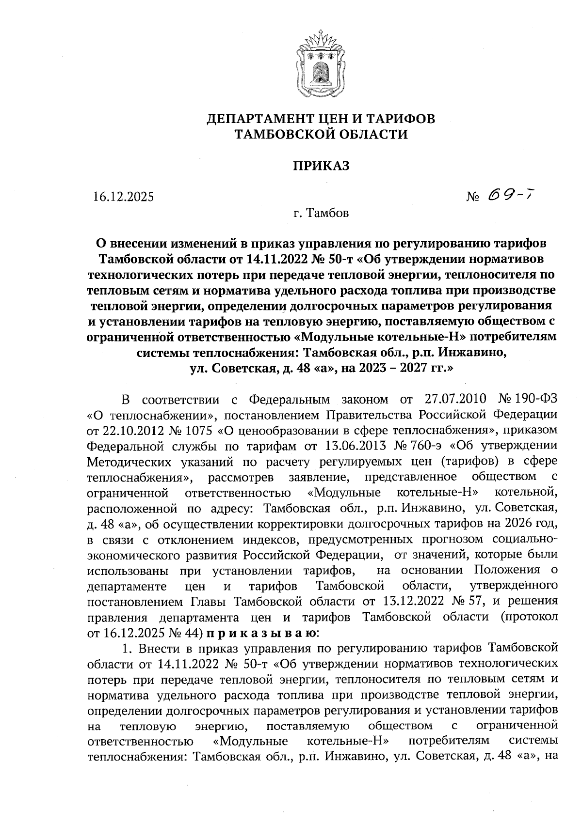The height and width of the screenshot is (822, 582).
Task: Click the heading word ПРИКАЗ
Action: (320, 166)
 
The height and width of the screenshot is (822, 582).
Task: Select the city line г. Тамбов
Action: (321, 213)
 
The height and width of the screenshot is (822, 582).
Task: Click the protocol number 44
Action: (194, 633)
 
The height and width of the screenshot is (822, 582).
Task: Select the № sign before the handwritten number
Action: (473, 197)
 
